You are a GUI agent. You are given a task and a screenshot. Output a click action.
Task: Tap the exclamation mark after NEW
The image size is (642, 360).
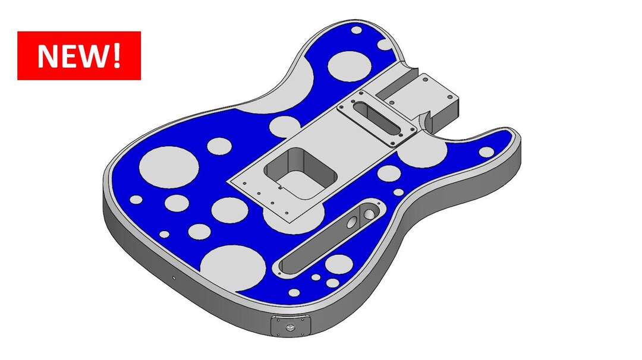coord(117,55)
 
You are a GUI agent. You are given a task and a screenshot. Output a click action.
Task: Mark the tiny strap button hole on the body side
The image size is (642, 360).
coord(173,277)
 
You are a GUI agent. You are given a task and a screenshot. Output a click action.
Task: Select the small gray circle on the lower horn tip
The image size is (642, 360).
coord(486,152)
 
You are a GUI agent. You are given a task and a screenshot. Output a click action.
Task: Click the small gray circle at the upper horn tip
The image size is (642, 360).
coord(356,30)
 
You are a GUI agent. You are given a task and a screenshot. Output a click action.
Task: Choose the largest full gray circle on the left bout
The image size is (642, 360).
coord(168,167)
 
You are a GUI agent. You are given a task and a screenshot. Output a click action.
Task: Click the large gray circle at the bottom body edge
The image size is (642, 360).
coord(233,266)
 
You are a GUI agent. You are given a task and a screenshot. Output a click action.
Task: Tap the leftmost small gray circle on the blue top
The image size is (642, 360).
coord(136,199)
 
